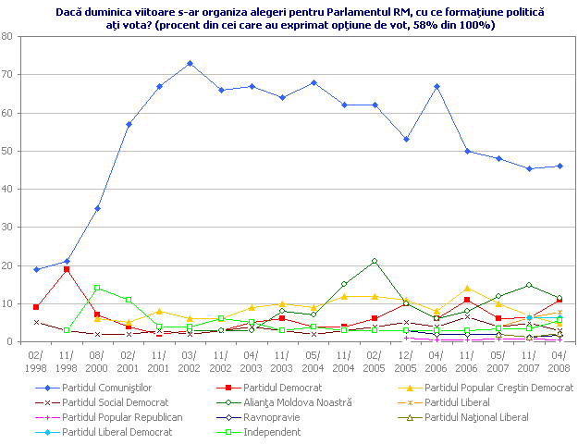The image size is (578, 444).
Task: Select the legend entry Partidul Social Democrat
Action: click(x=115, y=403)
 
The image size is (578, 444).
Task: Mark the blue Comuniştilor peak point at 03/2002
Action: click(x=190, y=63)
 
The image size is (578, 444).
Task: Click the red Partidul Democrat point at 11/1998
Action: click(x=67, y=269)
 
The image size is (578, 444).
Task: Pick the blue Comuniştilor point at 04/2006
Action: click(x=436, y=86)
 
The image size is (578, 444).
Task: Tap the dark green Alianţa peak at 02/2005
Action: click(x=374, y=262)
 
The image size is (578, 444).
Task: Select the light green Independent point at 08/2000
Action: click(x=97, y=288)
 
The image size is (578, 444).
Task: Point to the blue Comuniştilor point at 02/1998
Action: click(x=35, y=269)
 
